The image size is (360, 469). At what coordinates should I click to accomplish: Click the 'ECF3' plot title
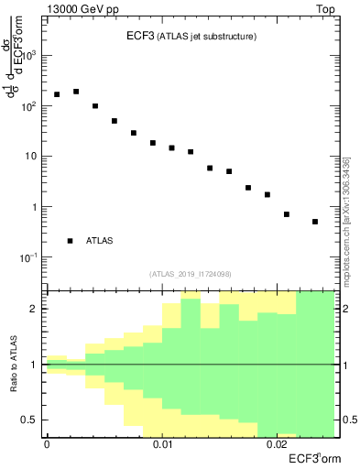(139, 37)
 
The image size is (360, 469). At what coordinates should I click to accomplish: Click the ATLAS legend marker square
(71, 241)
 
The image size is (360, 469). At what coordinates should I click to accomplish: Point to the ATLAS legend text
(100, 241)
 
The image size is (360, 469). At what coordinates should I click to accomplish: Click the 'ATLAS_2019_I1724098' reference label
(190, 273)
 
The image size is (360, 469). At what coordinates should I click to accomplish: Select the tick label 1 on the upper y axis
(37, 207)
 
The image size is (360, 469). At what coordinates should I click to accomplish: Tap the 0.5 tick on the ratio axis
(34, 420)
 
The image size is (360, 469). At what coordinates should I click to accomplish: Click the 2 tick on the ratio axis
(38, 309)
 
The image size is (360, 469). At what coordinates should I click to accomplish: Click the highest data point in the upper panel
(76, 92)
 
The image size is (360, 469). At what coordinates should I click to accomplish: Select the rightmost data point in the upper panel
(315, 222)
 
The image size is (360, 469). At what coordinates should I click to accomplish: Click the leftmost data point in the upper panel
(57, 94)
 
